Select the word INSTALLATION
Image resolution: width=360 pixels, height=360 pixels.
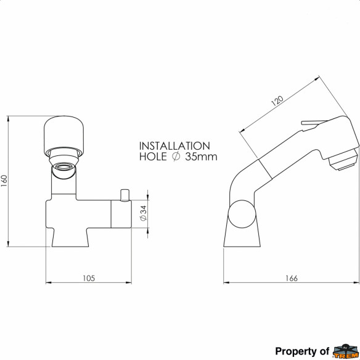point(174,146)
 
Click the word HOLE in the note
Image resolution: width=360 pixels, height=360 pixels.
point(152,157)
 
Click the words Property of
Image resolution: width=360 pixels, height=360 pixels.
point(302,351)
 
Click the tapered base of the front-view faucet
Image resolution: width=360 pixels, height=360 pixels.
point(70,237)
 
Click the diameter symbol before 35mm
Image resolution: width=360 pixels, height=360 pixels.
point(176,157)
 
